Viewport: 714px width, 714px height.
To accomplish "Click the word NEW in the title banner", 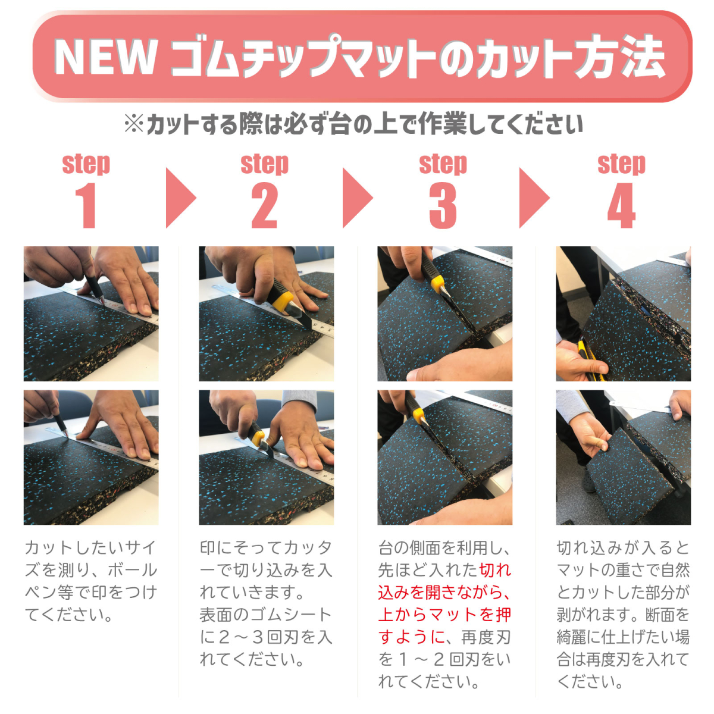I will coord(105,58).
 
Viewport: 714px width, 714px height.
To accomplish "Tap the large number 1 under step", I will coord(86,205).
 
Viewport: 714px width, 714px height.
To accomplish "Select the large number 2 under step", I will coord(265,205).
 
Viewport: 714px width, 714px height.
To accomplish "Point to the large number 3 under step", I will coord(443,205).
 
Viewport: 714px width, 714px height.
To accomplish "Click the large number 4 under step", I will coord(622,205).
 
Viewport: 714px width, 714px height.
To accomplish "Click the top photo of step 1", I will coord(91,314).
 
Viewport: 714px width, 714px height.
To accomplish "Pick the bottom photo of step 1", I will coord(91,457).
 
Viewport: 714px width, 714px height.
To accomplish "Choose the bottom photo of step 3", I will coord(444,457).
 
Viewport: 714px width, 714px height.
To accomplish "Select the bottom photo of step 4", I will coord(623,457).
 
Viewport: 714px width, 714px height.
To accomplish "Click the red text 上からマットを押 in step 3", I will coord(444,615).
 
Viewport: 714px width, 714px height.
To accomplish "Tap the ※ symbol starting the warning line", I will coord(133,124).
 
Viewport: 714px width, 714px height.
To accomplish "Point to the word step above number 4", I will coord(622,164).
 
